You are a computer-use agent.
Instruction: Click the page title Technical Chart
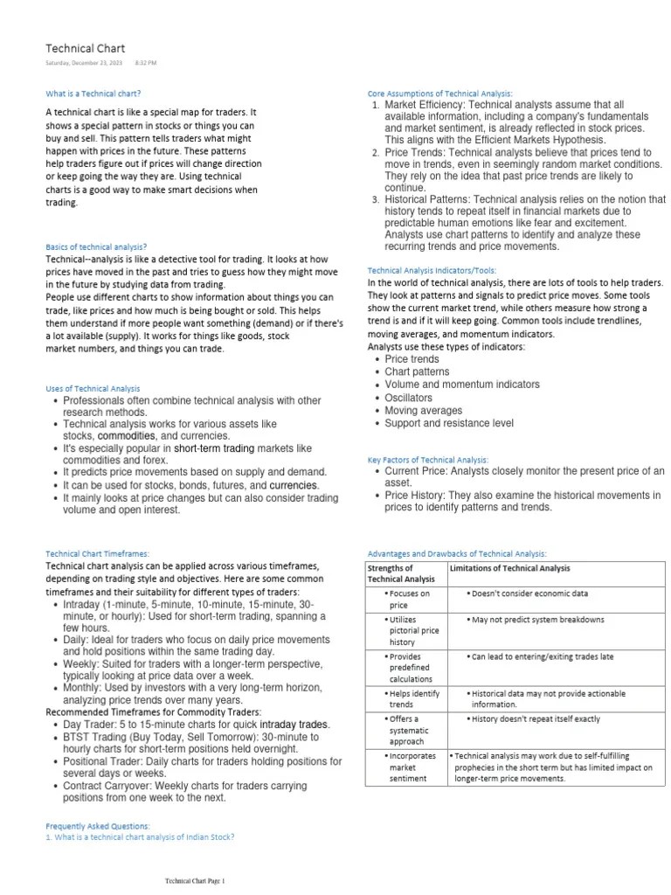(85, 48)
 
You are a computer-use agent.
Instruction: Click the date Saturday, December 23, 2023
(86, 64)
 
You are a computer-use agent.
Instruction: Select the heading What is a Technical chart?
(93, 93)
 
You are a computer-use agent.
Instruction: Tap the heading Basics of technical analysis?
(96, 247)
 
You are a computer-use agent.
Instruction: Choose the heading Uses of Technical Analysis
(93, 388)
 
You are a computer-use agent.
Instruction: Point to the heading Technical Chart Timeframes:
(97, 553)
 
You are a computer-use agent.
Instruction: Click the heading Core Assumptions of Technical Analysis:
(439, 93)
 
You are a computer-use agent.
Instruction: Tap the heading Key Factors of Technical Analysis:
(428, 459)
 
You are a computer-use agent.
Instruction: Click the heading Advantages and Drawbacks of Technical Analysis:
(457, 553)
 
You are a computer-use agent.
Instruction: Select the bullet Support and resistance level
(449, 424)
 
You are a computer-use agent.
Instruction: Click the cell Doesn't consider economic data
(530, 593)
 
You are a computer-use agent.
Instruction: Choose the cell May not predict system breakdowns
(538, 620)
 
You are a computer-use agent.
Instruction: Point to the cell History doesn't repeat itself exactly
(536, 719)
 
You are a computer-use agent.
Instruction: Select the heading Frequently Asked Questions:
(97, 825)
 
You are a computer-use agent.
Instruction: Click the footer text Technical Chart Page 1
(195, 880)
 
